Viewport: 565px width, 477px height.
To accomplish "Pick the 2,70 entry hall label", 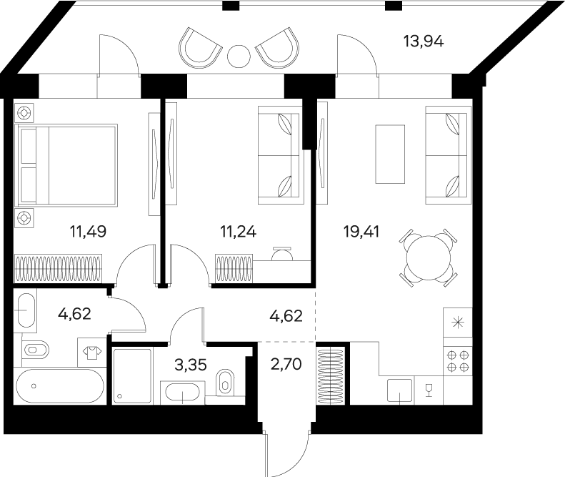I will [286, 364].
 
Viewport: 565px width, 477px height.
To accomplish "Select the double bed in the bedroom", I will [68, 167].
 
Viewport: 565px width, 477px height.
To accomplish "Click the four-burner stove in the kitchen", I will [457, 360].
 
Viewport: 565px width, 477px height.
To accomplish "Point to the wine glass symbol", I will [429, 389].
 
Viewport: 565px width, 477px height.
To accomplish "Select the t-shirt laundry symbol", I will [91, 351].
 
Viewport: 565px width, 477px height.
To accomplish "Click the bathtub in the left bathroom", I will [60, 387].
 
